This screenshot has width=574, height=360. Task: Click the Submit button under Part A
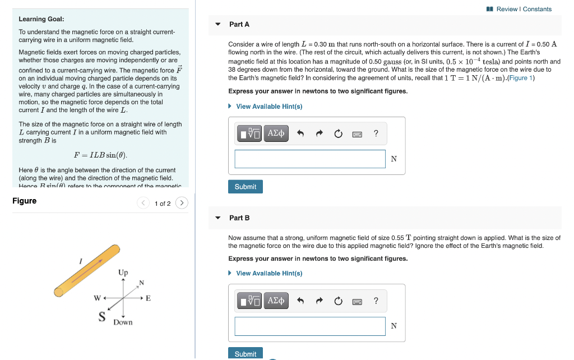coord(245,187)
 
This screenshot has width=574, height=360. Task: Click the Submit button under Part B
coord(245,353)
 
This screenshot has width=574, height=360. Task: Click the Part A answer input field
coord(310,159)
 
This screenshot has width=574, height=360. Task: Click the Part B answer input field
coord(310,326)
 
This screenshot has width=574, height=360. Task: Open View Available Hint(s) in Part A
coord(269,107)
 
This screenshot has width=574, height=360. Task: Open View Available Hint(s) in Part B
coord(269,273)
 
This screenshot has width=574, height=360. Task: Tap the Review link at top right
coord(507,9)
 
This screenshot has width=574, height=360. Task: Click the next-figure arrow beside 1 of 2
coord(182,203)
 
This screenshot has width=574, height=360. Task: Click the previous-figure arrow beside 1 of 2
coord(143,203)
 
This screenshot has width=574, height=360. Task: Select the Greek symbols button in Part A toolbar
coord(276,133)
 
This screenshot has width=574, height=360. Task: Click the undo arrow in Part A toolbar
coord(300,133)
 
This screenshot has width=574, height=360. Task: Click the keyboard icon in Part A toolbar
coord(357,134)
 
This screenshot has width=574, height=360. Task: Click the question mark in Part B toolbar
coord(376,301)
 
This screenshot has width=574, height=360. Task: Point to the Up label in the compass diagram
coord(123,273)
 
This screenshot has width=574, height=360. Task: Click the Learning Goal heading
coord(41,19)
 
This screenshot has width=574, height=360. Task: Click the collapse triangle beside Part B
coord(218,218)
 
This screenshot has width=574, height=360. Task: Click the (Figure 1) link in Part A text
coord(521,78)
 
